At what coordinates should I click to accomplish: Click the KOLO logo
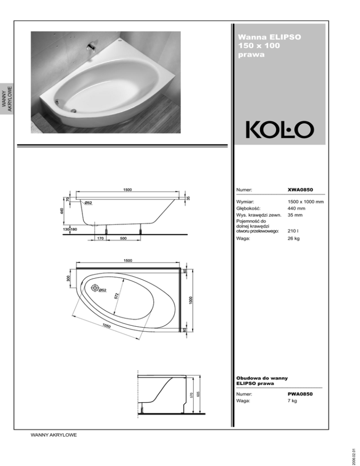pos(279,130)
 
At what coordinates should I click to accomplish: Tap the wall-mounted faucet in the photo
pos(91,47)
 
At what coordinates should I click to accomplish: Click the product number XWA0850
pos(300,189)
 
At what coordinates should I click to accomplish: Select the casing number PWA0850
pos(300,394)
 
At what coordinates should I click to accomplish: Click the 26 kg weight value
pos(294,238)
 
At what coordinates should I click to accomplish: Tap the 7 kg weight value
pos(292,401)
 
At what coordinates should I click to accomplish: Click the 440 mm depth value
pos(296,208)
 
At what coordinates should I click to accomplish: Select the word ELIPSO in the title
pos(285,37)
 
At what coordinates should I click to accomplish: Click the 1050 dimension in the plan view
pos(106,326)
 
